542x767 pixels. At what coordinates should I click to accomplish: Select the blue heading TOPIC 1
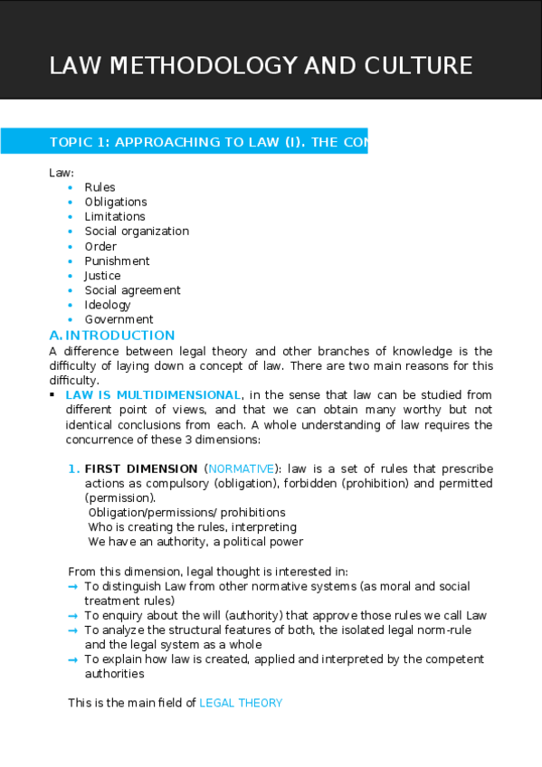coord(208,142)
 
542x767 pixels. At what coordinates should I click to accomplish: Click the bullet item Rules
coord(100,187)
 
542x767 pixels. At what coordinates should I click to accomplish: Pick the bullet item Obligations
coord(116,202)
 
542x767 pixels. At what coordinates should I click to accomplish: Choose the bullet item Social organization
coord(137,232)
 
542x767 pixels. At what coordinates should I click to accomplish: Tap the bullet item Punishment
coord(117,261)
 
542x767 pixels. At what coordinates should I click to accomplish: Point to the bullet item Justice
coord(102,276)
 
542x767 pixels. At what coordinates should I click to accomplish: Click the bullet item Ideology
coord(108,305)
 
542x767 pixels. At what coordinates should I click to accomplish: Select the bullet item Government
coord(119,319)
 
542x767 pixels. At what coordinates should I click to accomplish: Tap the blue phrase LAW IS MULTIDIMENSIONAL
coord(153,395)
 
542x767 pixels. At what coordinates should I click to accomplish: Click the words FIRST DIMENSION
coord(140,469)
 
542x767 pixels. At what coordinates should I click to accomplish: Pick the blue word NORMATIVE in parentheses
coord(241,469)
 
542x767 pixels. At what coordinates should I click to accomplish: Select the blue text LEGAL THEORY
coord(241,703)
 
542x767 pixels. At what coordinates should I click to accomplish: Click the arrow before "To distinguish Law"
coord(73,586)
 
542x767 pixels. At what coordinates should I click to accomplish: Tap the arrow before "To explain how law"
coord(73,659)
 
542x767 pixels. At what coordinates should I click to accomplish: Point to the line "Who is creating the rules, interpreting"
coord(192,527)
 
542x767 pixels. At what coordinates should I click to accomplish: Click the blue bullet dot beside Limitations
coord(71,217)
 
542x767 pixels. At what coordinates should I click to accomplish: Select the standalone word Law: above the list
coord(61,173)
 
